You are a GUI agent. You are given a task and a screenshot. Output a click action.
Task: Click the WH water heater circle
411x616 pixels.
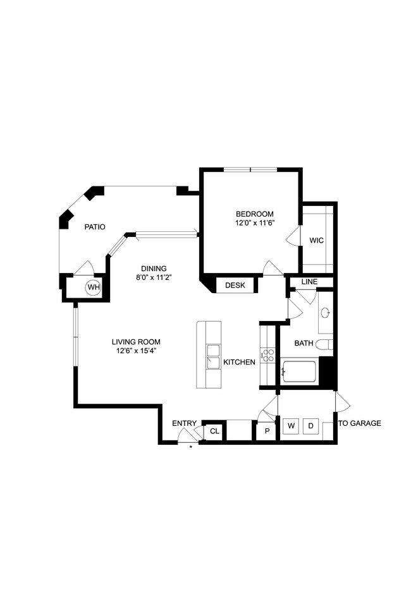94,288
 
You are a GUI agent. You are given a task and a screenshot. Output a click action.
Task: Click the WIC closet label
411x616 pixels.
317,240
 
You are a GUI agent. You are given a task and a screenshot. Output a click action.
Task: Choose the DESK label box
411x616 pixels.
235,286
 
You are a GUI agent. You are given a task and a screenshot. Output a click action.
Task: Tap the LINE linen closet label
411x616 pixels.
309,282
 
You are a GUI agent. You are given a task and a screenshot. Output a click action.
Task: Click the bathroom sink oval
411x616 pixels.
325,312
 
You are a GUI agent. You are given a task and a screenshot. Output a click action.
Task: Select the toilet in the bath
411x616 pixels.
324,344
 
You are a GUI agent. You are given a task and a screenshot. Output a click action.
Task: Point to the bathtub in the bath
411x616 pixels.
300,371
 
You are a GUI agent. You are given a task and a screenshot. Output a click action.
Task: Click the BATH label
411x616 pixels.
304,344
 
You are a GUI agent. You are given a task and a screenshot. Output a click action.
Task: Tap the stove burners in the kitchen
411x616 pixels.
268,355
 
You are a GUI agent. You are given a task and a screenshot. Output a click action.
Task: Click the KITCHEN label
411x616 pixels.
239,362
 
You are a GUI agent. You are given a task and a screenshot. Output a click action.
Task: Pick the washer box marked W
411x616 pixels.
291,426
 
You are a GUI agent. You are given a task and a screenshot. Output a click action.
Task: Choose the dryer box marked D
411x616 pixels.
310,426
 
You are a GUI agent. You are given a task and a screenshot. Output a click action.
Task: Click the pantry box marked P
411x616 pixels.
266,432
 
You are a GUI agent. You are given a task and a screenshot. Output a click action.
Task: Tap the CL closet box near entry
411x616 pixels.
214,432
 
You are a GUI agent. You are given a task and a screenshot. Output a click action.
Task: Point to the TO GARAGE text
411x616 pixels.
360,423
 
